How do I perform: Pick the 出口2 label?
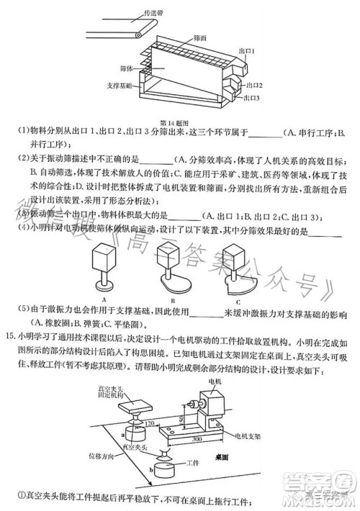click(252, 84)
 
